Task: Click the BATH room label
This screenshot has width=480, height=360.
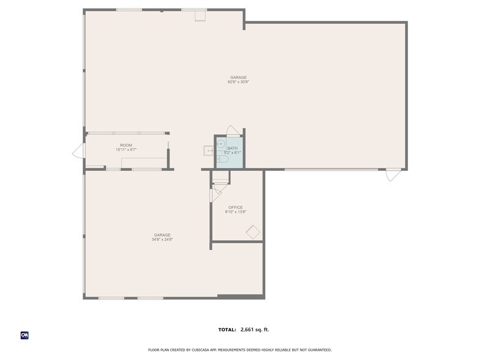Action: tap(233, 148)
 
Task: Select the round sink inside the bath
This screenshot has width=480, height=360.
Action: tap(220, 143)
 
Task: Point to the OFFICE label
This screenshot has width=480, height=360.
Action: tap(236, 207)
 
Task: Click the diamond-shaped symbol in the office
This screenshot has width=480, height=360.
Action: tap(253, 232)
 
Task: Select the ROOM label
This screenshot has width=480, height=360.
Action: tap(126, 145)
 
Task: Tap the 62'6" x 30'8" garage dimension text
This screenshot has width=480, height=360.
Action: tap(238, 82)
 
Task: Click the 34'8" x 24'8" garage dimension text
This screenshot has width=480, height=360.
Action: tap(162, 239)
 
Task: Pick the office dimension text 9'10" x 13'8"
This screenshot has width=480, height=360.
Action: tap(236, 212)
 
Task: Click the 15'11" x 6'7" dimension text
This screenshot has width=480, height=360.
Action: tap(126, 149)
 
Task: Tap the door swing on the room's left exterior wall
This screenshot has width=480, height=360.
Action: tap(79, 151)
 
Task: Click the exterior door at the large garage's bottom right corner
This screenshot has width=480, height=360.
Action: tap(393, 174)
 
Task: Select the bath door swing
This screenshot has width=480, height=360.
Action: tap(233, 130)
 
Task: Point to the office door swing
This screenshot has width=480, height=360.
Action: tap(216, 195)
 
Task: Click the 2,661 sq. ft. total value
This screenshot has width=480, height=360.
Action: tap(255, 329)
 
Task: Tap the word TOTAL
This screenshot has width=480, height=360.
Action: tap(227, 329)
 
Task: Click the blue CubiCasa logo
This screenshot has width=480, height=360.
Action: tap(24, 336)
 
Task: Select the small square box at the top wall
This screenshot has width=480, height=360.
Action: tap(200, 16)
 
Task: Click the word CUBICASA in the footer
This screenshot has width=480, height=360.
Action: tap(201, 350)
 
